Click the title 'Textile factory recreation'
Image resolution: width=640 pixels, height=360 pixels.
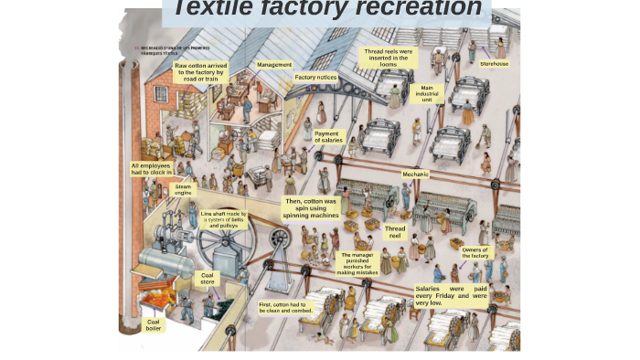[327, 9]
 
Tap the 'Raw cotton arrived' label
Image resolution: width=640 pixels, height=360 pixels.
[201, 72]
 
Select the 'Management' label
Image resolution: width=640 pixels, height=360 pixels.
[274, 65]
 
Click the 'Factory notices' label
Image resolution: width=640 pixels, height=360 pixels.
[315, 78]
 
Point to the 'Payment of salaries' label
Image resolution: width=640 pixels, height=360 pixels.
[328, 136]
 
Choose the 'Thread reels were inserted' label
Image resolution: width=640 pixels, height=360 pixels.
[389, 58]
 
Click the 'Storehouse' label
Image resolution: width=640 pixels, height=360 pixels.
[495, 64]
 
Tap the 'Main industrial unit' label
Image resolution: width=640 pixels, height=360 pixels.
[426, 93]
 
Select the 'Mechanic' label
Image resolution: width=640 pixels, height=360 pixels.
[415, 174]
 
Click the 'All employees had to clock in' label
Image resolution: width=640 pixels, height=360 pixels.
[151, 169]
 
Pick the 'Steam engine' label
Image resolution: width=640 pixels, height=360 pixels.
[184, 190]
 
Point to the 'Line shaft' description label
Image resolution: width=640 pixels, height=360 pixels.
[224, 219]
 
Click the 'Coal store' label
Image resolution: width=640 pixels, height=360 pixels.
[208, 278]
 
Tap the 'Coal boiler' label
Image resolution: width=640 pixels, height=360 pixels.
[154, 324]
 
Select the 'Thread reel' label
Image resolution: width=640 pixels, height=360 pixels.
[395, 232]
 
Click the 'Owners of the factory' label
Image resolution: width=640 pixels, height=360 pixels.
[475, 252]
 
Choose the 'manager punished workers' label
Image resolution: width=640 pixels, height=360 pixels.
[356, 263]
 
